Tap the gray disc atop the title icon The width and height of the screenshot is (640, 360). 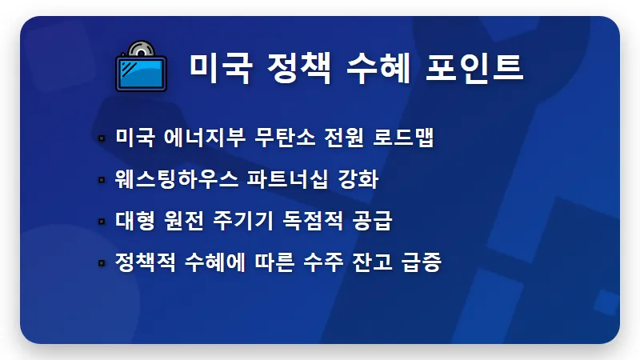pyautogui.click(x=139, y=49)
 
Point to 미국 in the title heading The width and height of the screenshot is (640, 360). pyautogui.click(x=216, y=67)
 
